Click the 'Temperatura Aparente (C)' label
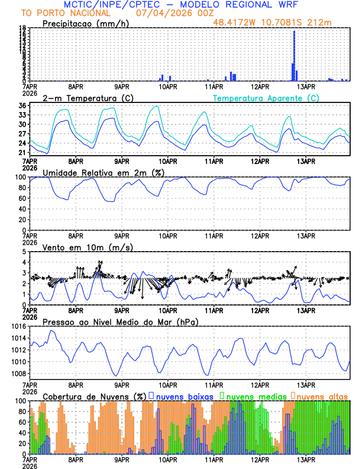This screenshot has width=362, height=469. tap(266, 98)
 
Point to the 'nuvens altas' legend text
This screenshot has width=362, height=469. tap(322, 396)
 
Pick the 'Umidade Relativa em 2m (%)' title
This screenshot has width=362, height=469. tap(104, 172)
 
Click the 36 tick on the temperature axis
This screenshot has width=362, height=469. tap(22, 106)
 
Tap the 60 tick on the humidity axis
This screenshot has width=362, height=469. tap(22, 198)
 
